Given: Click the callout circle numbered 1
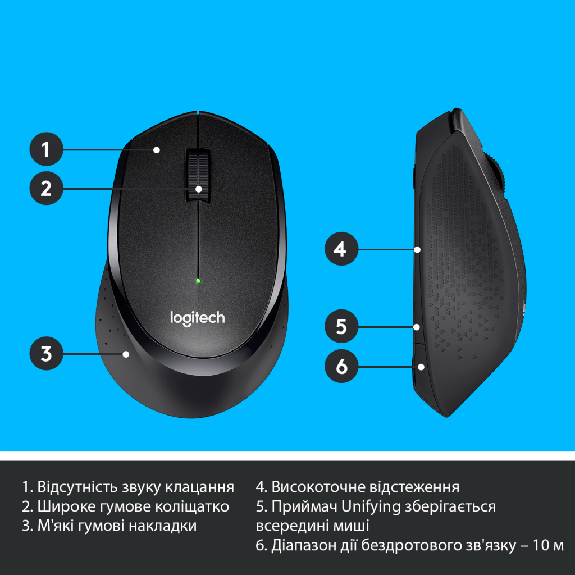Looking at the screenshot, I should (46, 149).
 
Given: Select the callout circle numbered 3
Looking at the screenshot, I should (46, 354).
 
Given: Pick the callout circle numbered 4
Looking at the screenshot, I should (340, 249).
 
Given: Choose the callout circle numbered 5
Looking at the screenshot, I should (340, 326).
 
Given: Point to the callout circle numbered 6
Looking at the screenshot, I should (340, 367).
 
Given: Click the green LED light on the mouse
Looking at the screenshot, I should (198, 280).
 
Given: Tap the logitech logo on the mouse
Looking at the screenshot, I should (197, 318).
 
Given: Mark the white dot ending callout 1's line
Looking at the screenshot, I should (157, 149).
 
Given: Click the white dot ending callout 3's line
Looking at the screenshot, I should (126, 354).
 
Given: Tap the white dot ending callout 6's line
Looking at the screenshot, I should (421, 367).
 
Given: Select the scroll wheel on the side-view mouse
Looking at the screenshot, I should (500, 174).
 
